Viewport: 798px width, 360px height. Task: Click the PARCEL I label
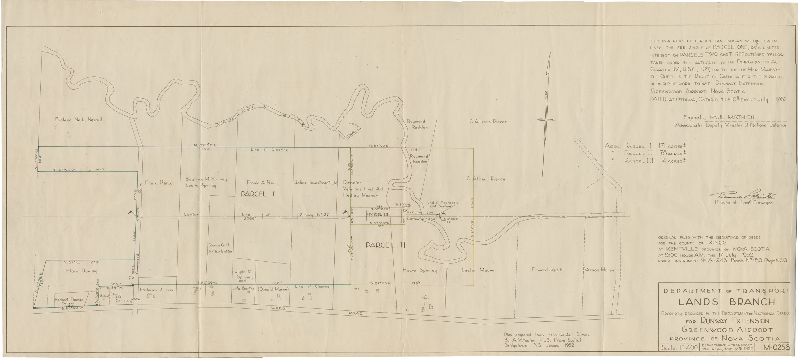point(258,194)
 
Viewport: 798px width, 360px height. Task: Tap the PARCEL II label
point(385,245)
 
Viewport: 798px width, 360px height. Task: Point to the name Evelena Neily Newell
point(78,120)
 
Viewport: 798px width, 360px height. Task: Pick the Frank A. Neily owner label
point(262,183)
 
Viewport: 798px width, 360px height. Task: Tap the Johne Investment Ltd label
point(316,183)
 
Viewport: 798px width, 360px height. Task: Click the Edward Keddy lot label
point(547,270)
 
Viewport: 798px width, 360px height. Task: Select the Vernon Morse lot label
point(599,270)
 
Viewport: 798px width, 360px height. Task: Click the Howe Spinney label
point(419,270)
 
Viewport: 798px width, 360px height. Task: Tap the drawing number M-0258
point(776,347)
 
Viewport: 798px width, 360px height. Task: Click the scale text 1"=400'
point(679,348)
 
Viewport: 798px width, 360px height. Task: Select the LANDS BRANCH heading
point(727,302)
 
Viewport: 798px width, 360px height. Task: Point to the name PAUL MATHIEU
point(732,117)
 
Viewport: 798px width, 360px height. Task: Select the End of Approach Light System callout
point(442,204)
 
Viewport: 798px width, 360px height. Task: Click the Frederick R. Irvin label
point(156,290)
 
